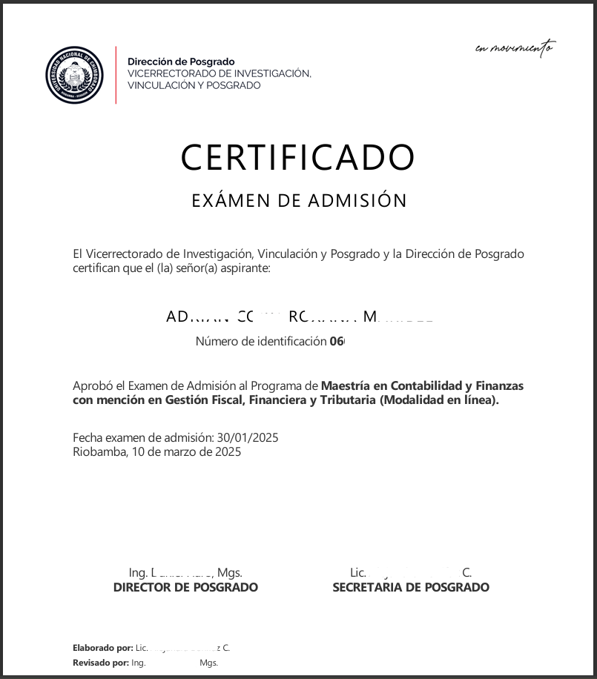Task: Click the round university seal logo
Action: [x=74, y=74]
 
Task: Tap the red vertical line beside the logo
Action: [x=116, y=74]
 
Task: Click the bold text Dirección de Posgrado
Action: [x=181, y=62]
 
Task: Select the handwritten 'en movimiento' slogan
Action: [x=514, y=49]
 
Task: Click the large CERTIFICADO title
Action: [x=297, y=157]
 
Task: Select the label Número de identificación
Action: [x=260, y=342]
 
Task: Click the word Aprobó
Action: [x=90, y=386]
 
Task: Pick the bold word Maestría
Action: [x=346, y=386]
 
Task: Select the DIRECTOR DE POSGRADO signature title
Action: [x=185, y=587]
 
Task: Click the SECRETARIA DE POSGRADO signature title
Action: [x=411, y=587]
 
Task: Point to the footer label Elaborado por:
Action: [x=103, y=648]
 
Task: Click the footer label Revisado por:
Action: [x=100, y=663]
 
